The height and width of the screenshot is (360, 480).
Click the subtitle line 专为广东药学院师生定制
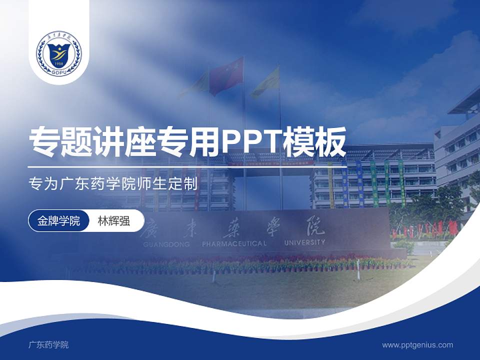(x=113, y=183)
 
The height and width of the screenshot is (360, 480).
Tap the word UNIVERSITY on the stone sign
(x=304, y=242)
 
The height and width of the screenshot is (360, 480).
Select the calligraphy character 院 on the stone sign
(x=313, y=228)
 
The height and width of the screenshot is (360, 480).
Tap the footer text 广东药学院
(x=48, y=344)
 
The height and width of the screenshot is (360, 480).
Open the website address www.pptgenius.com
(x=417, y=344)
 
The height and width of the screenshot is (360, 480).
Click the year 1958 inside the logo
(x=58, y=64)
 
